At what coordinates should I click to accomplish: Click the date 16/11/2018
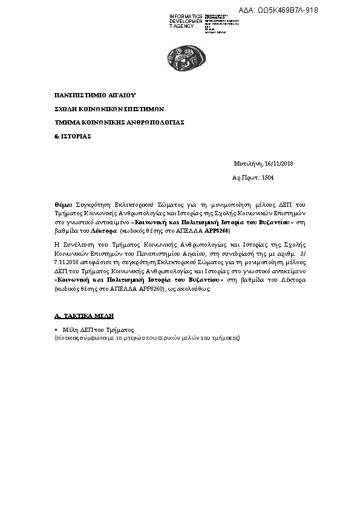pyautogui.click(x=279, y=164)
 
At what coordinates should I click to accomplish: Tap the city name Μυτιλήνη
pyautogui.click(x=248, y=164)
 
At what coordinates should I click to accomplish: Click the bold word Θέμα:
pyautogui.click(x=64, y=206)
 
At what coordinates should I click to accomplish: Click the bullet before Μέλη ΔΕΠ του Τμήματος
pyautogui.click(x=56, y=330)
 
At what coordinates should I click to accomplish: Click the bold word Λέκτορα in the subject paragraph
pyautogui.click(x=103, y=231)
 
